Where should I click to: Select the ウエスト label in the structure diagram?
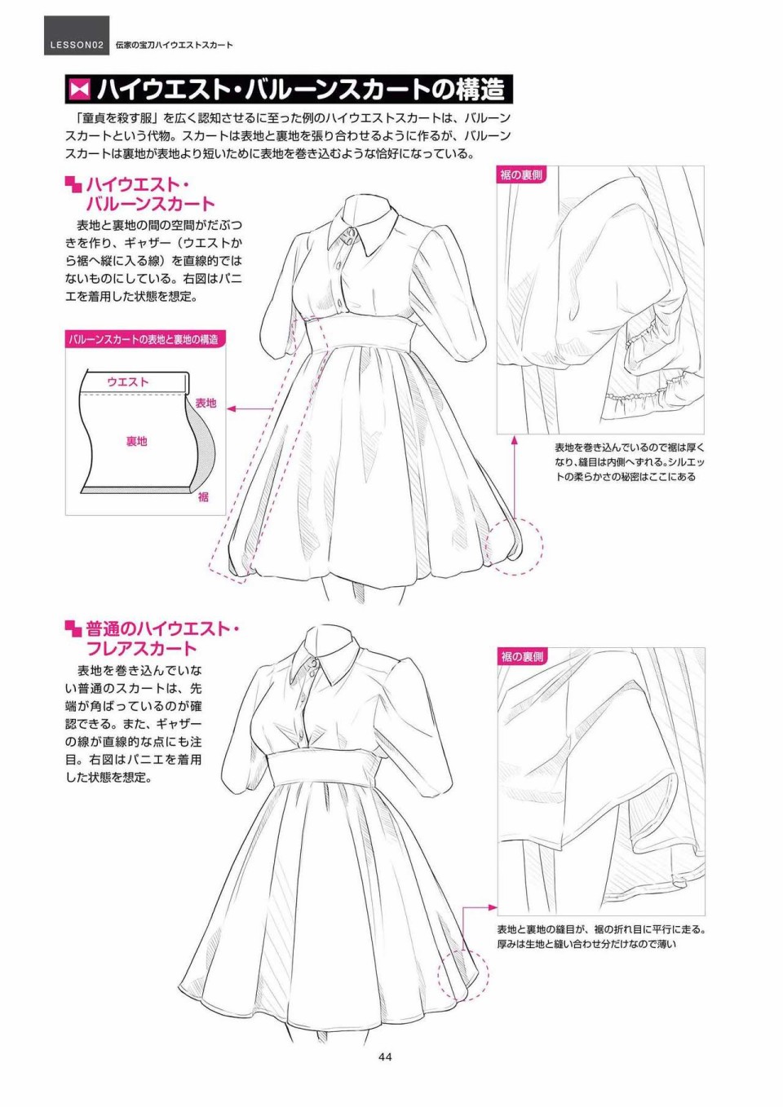127,381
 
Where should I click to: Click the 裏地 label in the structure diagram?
136,441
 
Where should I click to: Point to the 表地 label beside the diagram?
206,402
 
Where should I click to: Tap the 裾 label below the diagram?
203,496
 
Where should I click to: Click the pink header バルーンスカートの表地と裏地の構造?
145,339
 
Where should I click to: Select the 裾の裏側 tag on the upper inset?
521,174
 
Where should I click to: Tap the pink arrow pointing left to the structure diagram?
251,408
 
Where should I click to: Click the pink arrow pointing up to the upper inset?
514,476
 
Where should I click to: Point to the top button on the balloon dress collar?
351,232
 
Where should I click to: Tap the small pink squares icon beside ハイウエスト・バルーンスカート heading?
73,185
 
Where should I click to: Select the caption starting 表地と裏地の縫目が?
600,937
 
